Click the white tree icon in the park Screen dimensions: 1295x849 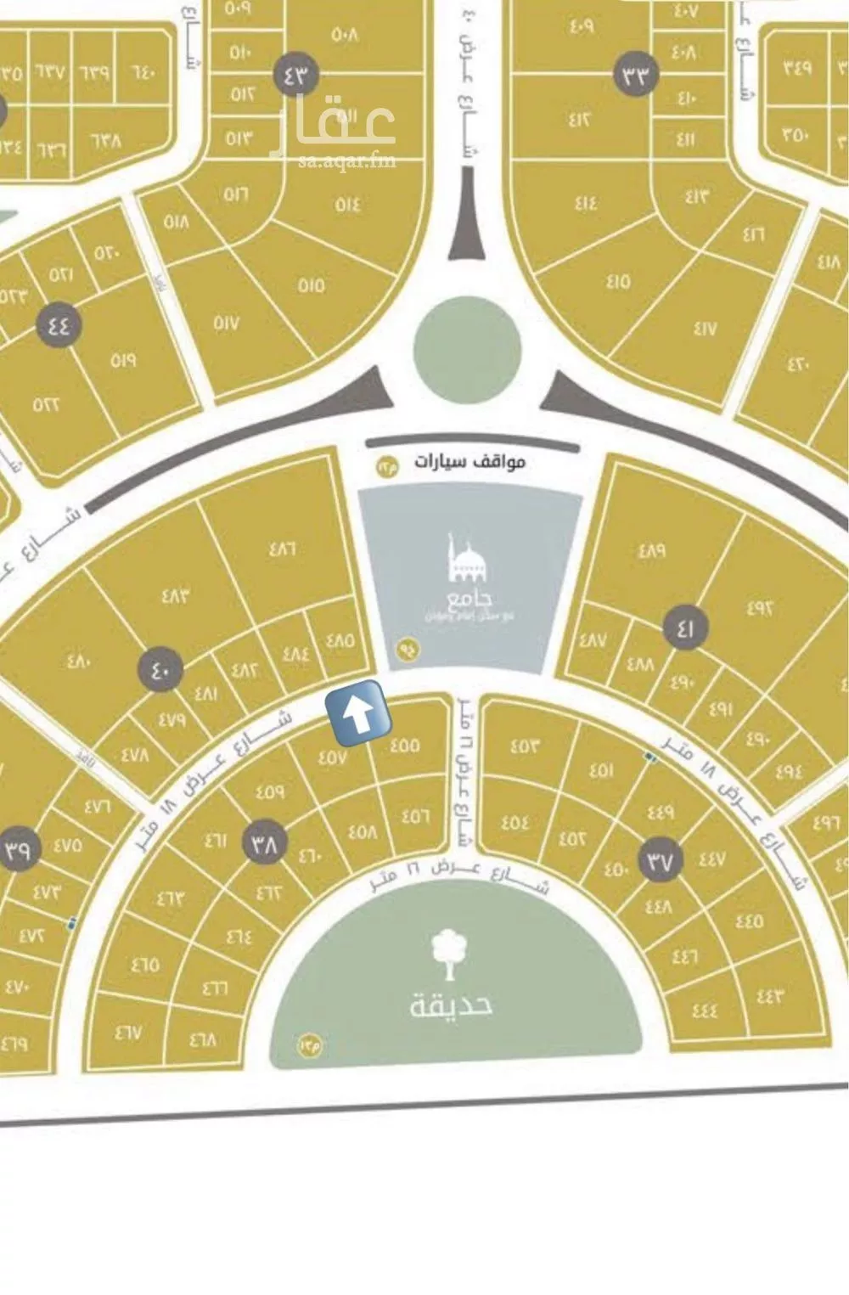click(450, 955)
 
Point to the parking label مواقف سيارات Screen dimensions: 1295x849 click(469, 461)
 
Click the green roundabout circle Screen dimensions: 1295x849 click(466, 348)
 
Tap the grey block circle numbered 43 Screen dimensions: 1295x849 click(295, 75)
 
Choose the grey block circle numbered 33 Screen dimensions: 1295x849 click(636, 75)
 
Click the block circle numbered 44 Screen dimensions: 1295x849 click(58, 324)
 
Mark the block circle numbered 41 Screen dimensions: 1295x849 click(686, 629)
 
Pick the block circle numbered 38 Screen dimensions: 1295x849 click(266, 844)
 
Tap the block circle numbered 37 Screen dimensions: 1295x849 click(661, 861)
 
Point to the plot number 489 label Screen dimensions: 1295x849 click(651, 550)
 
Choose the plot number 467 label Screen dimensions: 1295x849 click(128, 1033)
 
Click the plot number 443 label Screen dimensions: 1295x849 click(769, 995)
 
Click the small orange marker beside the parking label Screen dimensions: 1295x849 click(387, 466)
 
